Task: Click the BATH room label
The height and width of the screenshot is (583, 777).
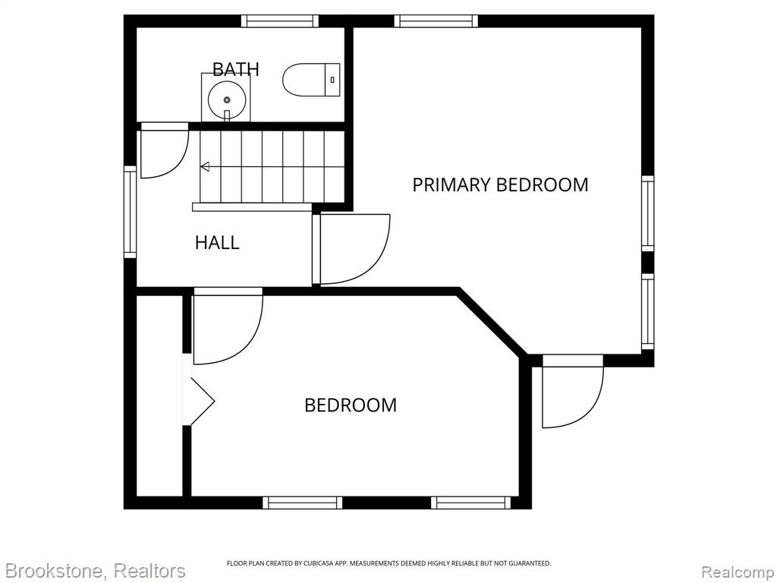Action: pos(236,69)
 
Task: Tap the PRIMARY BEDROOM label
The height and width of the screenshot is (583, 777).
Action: pos(501,184)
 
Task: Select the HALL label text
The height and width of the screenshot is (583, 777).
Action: pos(217,242)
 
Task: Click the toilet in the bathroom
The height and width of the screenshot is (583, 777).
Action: pos(311,80)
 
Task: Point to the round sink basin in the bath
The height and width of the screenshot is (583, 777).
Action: pos(227,99)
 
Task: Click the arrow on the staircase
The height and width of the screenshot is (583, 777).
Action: pos(205,166)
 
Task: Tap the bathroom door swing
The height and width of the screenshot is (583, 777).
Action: pos(165,151)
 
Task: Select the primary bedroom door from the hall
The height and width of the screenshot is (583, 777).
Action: pos(351,249)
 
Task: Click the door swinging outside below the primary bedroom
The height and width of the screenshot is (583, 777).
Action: pos(573,391)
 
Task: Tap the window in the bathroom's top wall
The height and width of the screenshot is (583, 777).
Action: pos(280,20)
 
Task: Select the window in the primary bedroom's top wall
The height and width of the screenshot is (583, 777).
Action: pos(436,20)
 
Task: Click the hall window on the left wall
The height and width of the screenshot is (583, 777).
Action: pos(130,212)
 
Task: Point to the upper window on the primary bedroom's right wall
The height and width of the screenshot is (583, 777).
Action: pos(648,213)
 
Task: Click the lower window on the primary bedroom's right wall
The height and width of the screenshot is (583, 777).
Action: pos(648,311)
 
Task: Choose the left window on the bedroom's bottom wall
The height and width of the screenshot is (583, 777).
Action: pos(302,503)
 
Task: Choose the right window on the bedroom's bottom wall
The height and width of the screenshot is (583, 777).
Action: pos(470,503)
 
